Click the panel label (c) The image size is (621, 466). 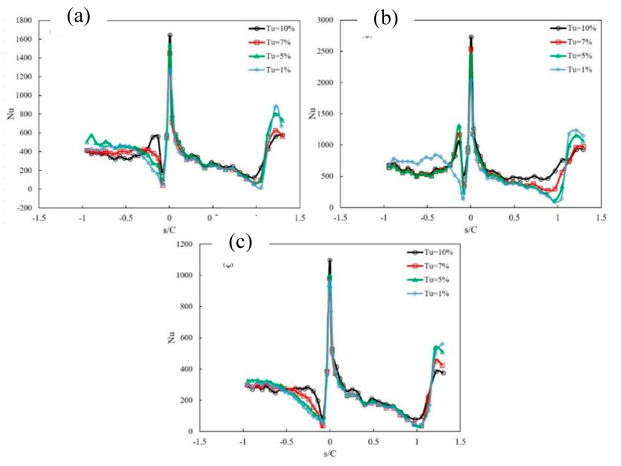(x=240, y=242)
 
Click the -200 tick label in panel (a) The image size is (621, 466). (x=24, y=208)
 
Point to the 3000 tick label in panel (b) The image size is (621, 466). (x=325, y=20)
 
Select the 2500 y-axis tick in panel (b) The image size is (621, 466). (x=325, y=51)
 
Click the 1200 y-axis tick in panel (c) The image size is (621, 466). (x=184, y=244)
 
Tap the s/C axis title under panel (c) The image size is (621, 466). (x=329, y=453)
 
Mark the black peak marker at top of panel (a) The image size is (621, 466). (x=170, y=35)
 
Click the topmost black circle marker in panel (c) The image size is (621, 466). (x=330, y=260)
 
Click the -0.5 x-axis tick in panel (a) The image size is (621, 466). (x=125, y=218)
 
